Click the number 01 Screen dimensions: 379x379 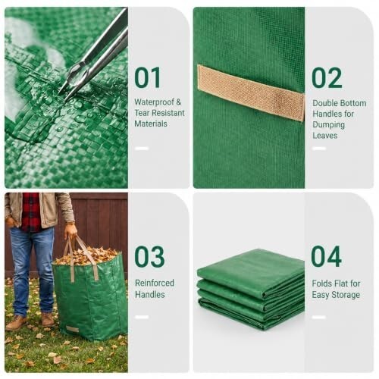coord(148,77)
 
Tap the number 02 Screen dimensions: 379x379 coord(327,78)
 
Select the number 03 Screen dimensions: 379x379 coord(149,257)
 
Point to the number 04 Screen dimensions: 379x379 coord(327,256)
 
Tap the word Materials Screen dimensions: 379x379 coord(151,124)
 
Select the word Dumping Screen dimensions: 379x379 coord(329,125)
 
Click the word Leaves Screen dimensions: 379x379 coord(325,136)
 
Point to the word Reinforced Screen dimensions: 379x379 coord(155,283)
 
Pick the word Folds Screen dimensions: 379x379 coord(321,283)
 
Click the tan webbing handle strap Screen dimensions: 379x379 coord(251,92)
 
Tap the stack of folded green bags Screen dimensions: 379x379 coord(251,290)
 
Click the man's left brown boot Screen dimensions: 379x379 coord(48,320)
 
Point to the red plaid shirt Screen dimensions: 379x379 coord(31,211)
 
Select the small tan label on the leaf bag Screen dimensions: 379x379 coord(72,329)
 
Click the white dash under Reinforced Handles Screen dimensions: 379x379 coord(142,317)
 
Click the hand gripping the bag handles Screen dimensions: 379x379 coord(70,231)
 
